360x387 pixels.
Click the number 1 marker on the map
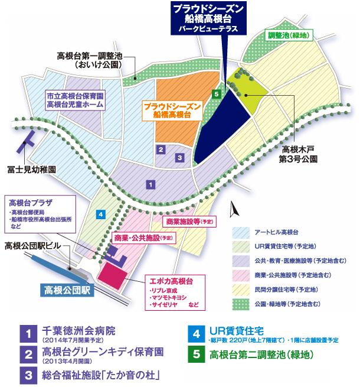coord(152,185)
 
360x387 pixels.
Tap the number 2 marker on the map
coord(161,149)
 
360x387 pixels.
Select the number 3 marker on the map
coord(179,158)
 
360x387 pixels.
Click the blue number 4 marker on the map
coord(102,213)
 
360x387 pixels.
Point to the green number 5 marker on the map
coord(217,94)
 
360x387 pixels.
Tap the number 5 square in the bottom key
coord(196,356)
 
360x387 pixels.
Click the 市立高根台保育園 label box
coord(75,100)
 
